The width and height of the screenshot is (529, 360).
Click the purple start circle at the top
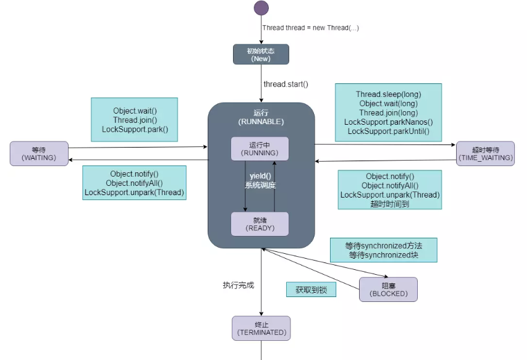pyautogui.click(x=261, y=8)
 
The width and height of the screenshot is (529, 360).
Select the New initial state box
pyautogui.click(x=261, y=54)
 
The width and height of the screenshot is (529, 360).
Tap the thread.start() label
pyautogui.click(x=286, y=84)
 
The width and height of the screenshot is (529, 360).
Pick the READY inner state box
pyautogui.click(x=260, y=224)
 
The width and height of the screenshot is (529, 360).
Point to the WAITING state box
pyautogui.click(x=38, y=153)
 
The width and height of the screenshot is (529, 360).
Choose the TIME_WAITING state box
pyautogui.click(x=485, y=154)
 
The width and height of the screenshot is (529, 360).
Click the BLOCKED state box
pyautogui.click(x=388, y=289)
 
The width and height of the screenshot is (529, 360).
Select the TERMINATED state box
pyautogui.click(x=261, y=328)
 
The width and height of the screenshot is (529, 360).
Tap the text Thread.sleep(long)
pyautogui.click(x=388, y=94)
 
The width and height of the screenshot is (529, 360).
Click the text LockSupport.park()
pyautogui.click(x=135, y=129)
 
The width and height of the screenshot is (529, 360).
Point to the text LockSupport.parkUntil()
pyautogui.click(x=388, y=132)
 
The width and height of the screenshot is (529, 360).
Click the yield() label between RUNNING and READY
pyautogui.click(x=260, y=176)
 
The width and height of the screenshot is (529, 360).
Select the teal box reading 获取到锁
pyautogui.click(x=311, y=290)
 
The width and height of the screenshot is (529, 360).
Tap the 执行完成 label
pyautogui.click(x=239, y=285)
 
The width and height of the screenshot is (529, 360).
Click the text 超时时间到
pyautogui.click(x=390, y=204)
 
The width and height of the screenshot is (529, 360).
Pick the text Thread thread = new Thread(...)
pyautogui.click(x=311, y=28)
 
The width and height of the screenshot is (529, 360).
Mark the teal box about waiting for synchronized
pyautogui.click(x=384, y=250)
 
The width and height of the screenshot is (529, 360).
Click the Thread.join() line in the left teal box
pyautogui.click(x=135, y=120)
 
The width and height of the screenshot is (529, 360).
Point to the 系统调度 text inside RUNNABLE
pyautogui.click(x=260, y=185)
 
